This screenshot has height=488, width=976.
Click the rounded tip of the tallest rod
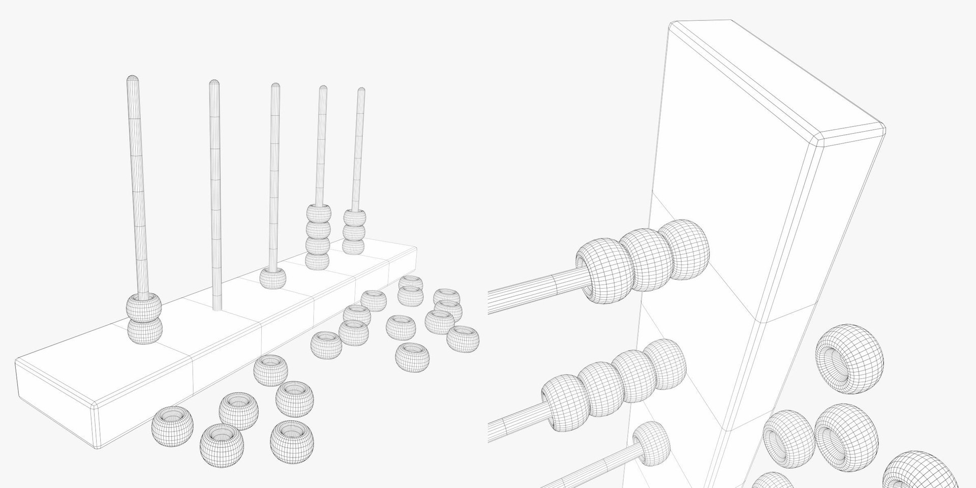click(132, 79)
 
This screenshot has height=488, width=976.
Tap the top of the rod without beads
click(214, 83)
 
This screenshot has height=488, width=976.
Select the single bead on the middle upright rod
click(273, 279)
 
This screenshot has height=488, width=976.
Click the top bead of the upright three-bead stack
click(354, 218)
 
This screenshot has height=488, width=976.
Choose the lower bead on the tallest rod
click(145, 330)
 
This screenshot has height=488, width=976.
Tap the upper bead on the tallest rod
click(144, 307)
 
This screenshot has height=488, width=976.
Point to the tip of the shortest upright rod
click(361, 91)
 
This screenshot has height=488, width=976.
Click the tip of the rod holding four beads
click(323, 89)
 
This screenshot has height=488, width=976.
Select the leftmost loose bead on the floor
click(173, 425)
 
